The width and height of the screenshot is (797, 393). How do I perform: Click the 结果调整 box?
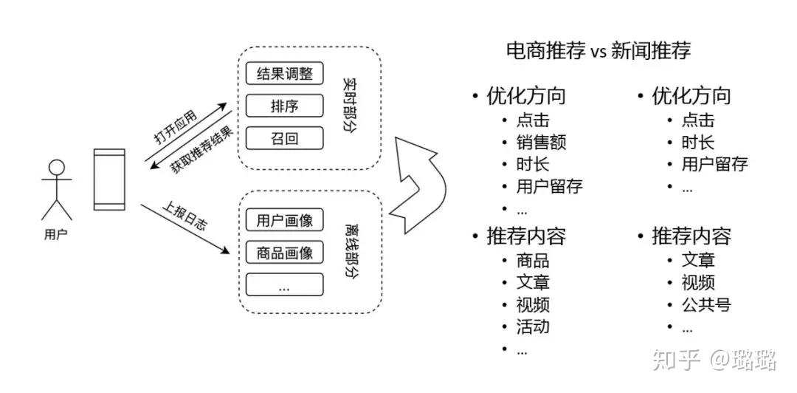pos(284,73)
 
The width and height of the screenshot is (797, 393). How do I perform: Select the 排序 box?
pos(284,106)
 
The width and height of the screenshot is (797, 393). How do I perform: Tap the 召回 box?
pos(284,138)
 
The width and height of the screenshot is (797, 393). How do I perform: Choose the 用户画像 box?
pos(284,220)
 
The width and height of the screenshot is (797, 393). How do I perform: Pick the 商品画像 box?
pos(284,253)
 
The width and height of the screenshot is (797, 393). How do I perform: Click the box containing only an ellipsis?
pos(284,284)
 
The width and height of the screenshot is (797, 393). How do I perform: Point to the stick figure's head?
pos(56,168)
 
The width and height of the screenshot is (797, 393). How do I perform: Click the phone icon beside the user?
pos(108,180)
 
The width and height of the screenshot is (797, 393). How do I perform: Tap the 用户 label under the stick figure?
pos(55,235)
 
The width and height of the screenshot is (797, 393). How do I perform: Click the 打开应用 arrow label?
pos(176,126)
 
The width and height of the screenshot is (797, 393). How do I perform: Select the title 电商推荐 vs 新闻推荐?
pos(598,52)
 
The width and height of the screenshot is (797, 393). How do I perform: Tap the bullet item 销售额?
pos(542,143)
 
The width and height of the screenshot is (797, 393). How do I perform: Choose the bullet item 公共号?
pos(706,304)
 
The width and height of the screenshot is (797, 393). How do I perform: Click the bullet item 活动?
pos(533,327)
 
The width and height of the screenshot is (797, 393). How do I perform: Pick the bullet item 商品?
pos(533,261)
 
